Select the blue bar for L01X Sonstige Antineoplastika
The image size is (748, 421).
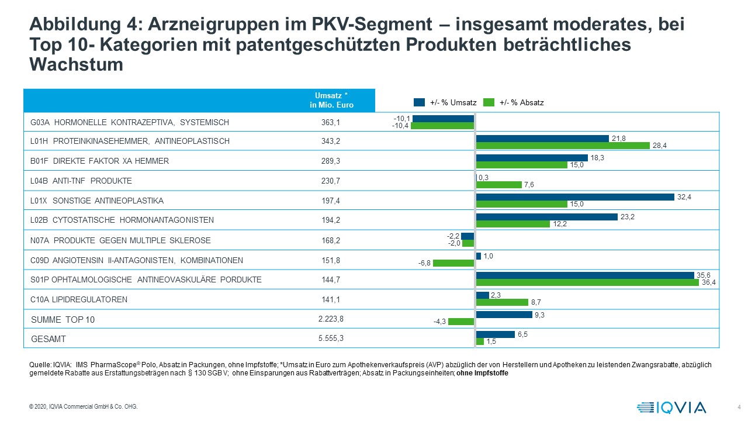tap(575, 197)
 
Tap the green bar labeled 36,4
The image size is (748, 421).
tap(587, 283)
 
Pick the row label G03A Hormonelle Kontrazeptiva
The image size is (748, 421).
tap(129, 123)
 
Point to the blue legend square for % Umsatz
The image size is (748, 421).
tap(419, 102)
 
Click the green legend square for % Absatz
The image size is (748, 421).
tap(489, 102)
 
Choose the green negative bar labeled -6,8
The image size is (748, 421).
tap(453, 263)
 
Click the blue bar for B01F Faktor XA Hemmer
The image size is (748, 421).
tap(532, 158)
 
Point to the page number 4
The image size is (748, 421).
tap(739, 407)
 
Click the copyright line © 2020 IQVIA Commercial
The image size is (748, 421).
tap(83, 407)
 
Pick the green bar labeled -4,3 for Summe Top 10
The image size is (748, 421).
tap(461, 321)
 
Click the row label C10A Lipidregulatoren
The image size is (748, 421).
tap(78, 300)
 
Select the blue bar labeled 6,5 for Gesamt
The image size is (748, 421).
tap(495, 334)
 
